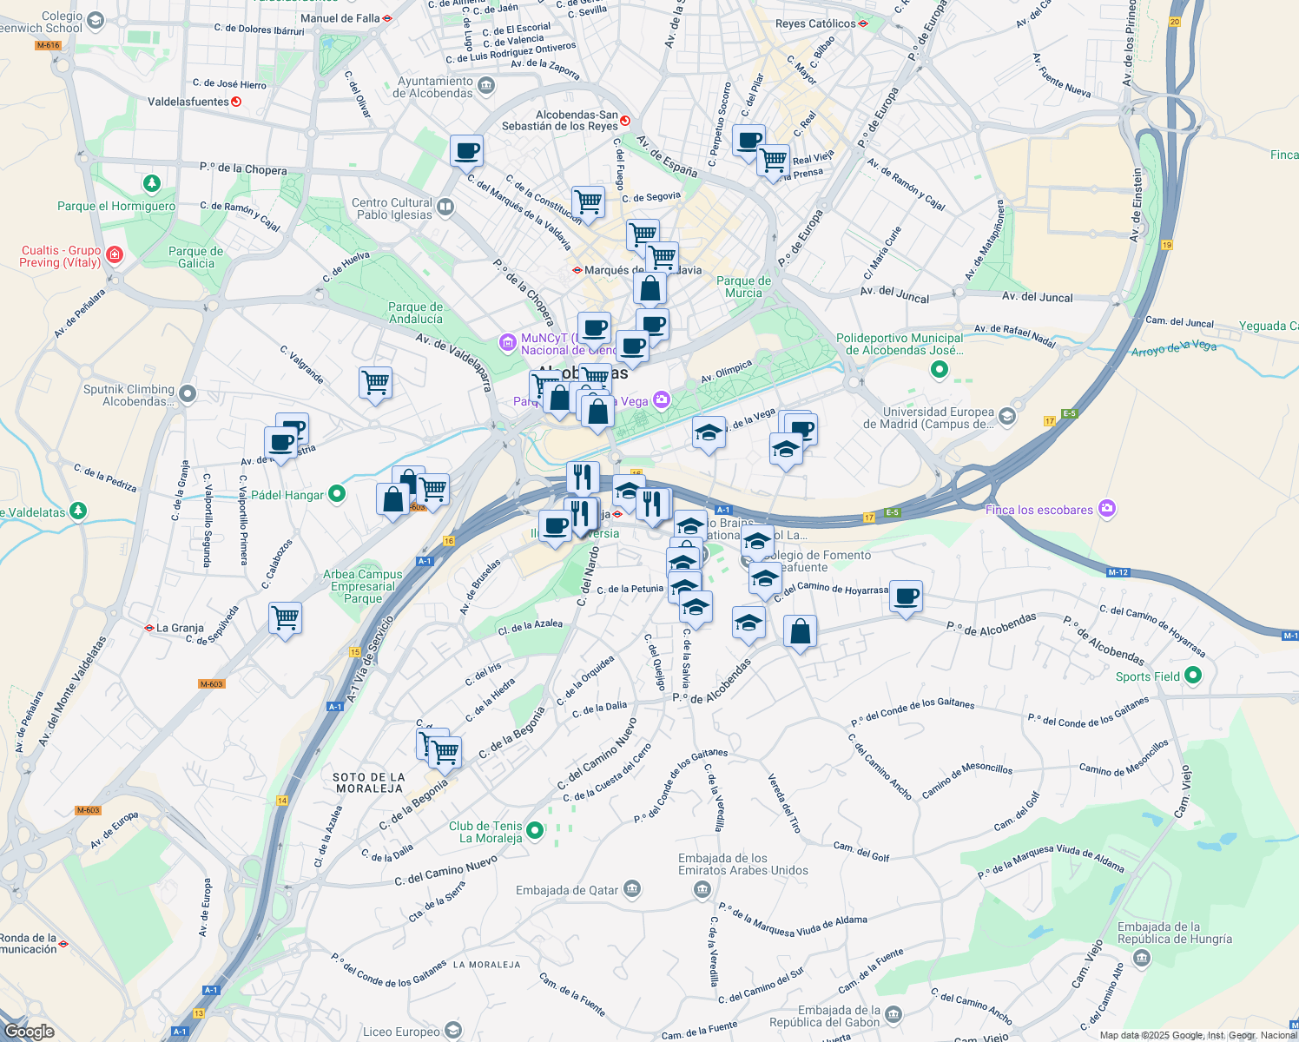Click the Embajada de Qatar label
click(x=567, y=890)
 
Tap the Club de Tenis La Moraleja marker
click(x=536, y=831)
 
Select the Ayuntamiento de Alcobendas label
click(x=434, y=87)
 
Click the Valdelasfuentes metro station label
click(x=188, y=102)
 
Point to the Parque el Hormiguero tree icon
click(x=152, y=184)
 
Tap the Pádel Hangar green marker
click(x=337, y=494)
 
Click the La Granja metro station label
click(x=180, y=628)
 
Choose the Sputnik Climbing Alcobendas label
click(x=129, y=395)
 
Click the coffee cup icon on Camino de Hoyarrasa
click(x=906, y=597)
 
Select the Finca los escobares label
click(x=1039, y=510)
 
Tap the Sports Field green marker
click(x=1192, y=675)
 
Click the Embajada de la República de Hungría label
click(x=1174, y=933)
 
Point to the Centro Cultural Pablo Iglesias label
click(x=392, y=208)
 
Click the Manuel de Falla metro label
click(x=340, y=18)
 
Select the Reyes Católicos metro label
click(x=814, y=23)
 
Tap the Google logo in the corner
click(x=29, y=1032)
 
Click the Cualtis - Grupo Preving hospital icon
click(x=115, y=254)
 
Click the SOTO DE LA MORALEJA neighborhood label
click(x=368, y=782)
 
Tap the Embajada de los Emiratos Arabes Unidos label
click(x=742, y=864)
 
